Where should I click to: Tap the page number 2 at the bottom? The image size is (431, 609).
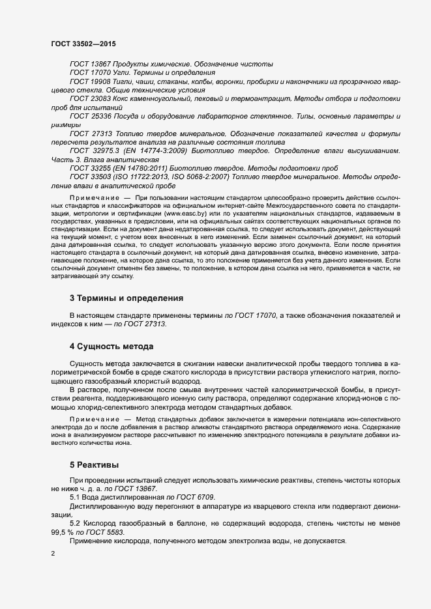click(x=53, y=554)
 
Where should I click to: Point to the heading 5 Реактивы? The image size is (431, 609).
click(x=95, y=466)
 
